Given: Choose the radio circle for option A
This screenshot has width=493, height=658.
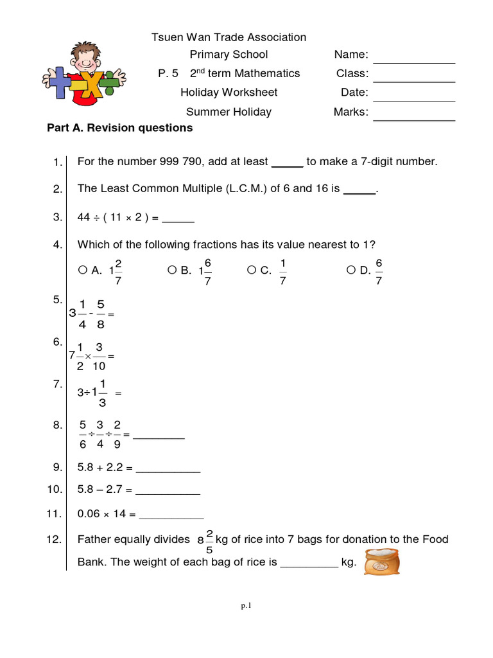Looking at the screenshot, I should pyautogui.click(x=82, y=271).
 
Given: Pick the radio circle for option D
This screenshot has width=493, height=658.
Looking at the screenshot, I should pyautogui.click(x=351, y=271).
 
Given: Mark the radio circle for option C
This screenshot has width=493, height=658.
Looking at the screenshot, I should pyautogui.click(x=251, y=271).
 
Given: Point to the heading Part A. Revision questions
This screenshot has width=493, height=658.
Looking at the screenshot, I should pyautogui.click(x=120, y=128).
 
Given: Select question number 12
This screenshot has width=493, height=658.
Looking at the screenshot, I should pyautogui.click(x=54, y=540).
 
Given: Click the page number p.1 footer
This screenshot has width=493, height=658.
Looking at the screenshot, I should pyautogui.click(x=246, y=605).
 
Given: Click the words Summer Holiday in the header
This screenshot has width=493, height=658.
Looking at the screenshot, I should pyautogui.click(x=229, y=112).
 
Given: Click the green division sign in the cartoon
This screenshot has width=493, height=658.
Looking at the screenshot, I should pyautogui.click(x=113, y=80).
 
